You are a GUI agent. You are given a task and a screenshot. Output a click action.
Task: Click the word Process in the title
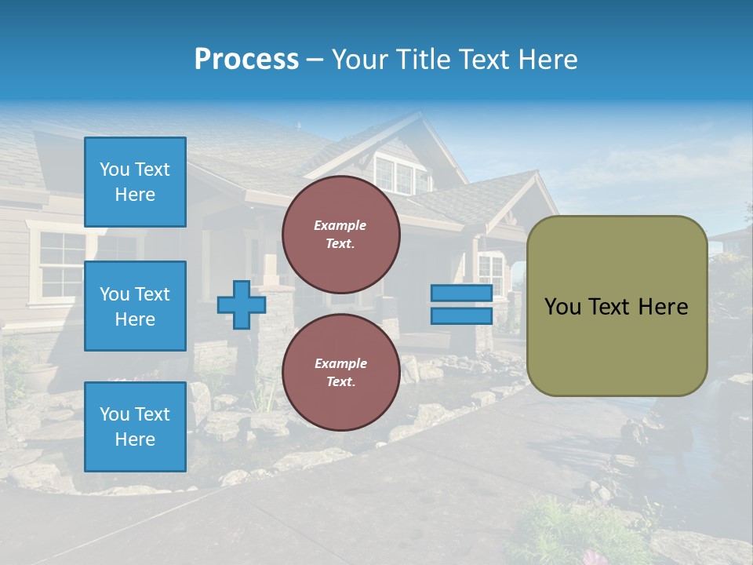click(246, 60)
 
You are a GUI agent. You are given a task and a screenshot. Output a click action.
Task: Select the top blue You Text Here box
click(135, 182)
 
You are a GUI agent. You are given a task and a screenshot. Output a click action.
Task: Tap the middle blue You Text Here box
click(135, 306)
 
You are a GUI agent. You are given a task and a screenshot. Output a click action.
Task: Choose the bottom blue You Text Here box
click(135, 426)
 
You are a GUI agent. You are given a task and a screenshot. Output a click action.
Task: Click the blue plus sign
click(241, 304)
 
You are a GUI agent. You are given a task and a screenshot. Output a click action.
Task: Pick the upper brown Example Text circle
click(340, 234)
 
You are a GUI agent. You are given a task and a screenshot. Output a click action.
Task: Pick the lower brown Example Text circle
click(340, 372)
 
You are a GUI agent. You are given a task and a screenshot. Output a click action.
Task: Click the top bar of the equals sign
click(461, 293)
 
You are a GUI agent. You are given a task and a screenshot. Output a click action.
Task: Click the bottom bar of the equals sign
click(461, 315)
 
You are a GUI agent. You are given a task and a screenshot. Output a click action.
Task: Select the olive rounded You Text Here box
click(617, 306)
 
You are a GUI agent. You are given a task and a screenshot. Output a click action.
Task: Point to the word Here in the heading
click(547, 60)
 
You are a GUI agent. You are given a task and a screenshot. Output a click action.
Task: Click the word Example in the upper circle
click(340, 225)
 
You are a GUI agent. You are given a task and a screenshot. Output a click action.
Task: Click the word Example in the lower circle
click(340, 363)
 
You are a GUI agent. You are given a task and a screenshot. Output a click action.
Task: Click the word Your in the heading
click(359, 60)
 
